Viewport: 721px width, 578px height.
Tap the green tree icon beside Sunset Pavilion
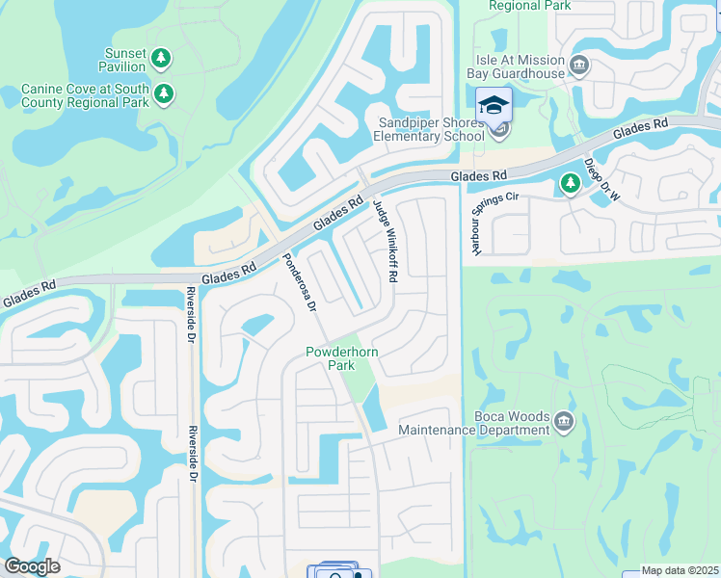[x=161, y=60]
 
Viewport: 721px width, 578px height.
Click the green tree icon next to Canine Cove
[x=165, y=93]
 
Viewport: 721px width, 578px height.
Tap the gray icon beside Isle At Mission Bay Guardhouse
[x=579, y=66]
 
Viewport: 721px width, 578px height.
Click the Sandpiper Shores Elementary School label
[x=429, y=130]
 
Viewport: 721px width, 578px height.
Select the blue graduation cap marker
[x=494, y=104]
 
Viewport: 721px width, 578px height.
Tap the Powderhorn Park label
[x=343, y=358]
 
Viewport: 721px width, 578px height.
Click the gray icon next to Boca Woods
[x=564, y=419]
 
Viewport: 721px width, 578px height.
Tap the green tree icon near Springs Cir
[x=571, y=182]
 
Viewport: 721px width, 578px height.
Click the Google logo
[x=31, y=566]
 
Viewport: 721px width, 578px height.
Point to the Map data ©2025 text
[x=680, y=571]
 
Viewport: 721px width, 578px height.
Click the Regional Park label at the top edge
[x=529, y=6]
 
